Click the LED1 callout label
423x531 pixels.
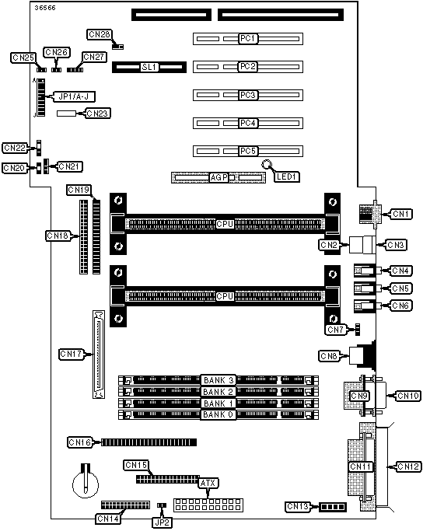click(286, 176)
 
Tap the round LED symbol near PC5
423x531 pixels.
click(267, 165)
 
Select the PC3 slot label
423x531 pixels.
click(247, 95)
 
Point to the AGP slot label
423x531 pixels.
click(218, 177)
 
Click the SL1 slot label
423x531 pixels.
click(149, 67)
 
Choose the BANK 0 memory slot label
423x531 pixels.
click(218, 414)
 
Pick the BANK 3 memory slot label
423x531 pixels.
click(218, 380)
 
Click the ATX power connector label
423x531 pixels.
click(208, 483)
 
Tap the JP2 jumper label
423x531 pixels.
click(162, 522)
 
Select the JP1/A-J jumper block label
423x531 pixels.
click(74, 97)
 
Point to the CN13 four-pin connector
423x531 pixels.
click(333, 507)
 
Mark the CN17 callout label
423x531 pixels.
click(71, 355)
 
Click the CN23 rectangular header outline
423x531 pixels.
click(67, 114)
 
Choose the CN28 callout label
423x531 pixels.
click(100, 34)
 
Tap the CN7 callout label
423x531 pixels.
click(335, 330)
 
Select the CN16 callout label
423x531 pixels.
click(79, 442)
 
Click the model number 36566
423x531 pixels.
click(44, 8)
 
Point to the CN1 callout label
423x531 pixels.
click(400, 214)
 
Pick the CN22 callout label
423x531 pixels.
click(15, 148)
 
